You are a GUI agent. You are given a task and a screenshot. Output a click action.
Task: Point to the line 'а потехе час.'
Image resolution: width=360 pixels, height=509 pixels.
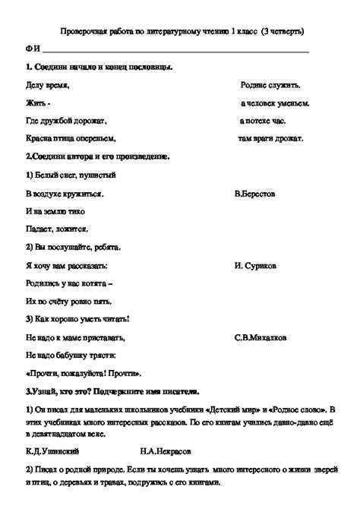265,120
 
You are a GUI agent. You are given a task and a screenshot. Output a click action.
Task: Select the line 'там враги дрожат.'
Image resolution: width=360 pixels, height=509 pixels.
271,138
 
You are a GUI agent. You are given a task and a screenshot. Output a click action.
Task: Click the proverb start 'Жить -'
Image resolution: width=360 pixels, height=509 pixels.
37,103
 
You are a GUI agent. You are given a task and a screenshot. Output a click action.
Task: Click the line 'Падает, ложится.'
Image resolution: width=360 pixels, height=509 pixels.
56,229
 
